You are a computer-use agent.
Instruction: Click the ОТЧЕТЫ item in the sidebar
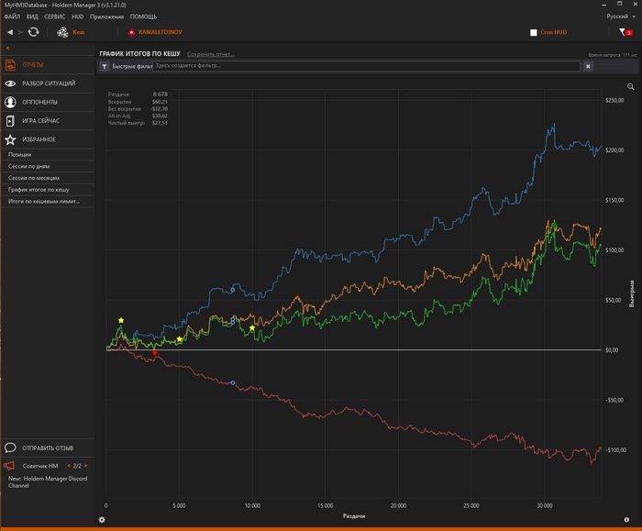coord(33,65)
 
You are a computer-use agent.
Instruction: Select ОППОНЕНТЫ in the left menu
coord(39,102)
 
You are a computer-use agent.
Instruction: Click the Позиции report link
coord(19,155)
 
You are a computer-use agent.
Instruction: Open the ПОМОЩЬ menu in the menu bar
coord(143,17)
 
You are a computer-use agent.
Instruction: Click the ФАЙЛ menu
coord(12,17)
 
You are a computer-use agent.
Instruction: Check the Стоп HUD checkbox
coord(534,32)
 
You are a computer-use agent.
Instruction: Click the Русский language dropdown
coord(619,17)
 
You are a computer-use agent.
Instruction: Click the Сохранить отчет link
coord(211,54)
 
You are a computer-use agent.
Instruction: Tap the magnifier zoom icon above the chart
coord(631,86)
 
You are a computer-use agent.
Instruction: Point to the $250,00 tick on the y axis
coord(612,100)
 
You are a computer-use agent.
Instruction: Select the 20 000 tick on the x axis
coord(398,504)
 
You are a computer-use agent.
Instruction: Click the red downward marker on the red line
coord(155,353)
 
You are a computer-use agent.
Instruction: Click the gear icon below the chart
coord(102,520)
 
